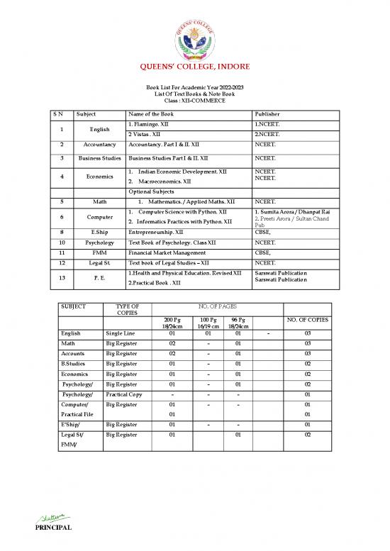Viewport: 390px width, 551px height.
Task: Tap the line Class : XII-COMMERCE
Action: point(194,101)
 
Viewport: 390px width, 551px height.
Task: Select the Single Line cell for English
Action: point(123,333)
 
